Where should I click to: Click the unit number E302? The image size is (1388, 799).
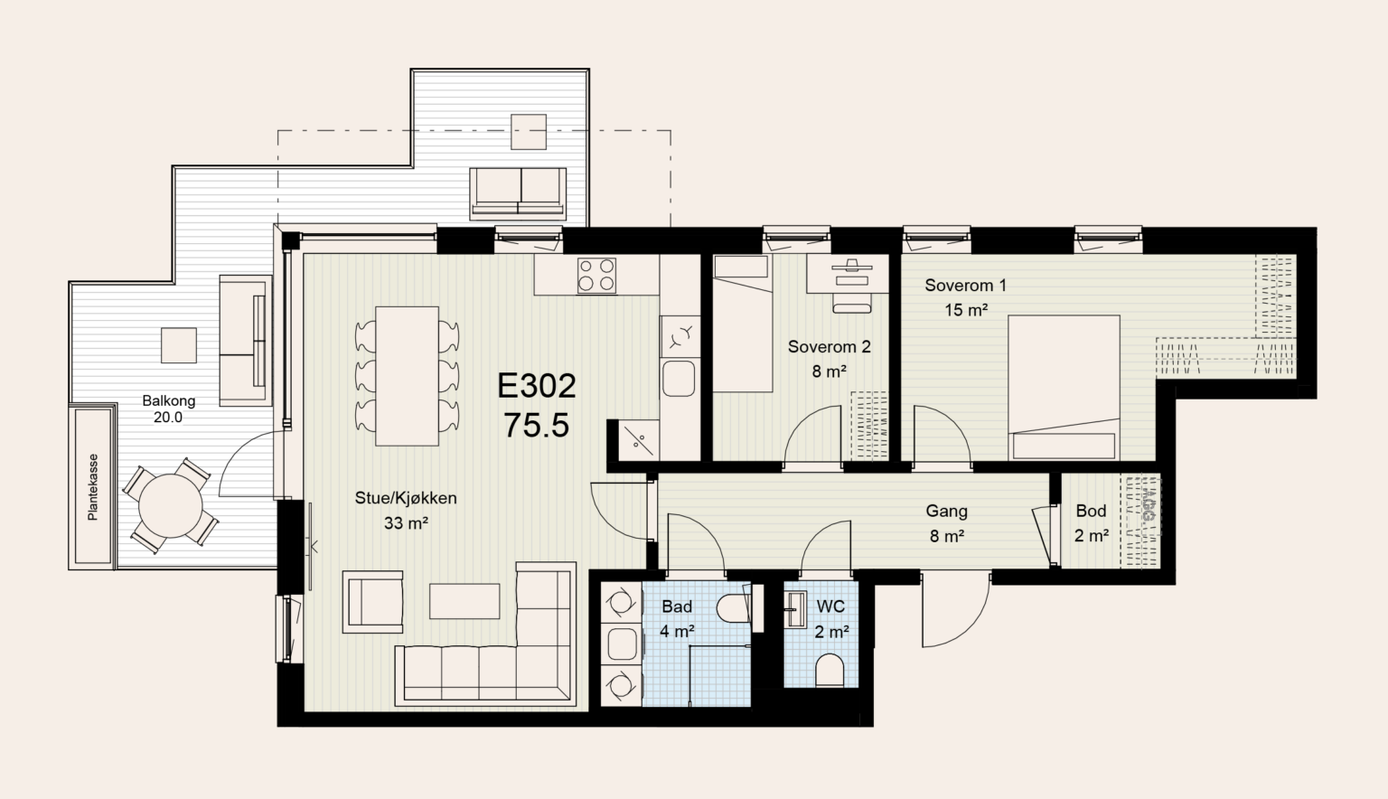pos(537,386)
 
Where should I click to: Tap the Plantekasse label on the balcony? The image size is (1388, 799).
pos(93,487)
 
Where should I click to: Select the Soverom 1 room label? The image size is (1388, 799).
pos(965,285)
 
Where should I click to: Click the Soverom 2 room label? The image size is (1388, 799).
pos(829,346)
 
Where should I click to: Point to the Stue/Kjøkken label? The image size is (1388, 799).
pos(406,498)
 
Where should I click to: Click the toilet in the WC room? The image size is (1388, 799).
pos(830,670)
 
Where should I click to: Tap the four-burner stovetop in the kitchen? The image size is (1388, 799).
pos(596,275)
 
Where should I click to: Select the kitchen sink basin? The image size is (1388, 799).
pos(679,378)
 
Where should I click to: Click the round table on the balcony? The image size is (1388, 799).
pos(171,506)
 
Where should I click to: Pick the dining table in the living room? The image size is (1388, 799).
pos(408,376)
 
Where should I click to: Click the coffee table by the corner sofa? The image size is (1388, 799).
pos(464,601)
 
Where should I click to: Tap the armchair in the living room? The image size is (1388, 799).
pos(373,602)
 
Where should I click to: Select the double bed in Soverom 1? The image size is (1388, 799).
pos(1064,388)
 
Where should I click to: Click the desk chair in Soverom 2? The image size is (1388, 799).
pos(851,301)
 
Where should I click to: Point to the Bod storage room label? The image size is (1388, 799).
pos(1091,511)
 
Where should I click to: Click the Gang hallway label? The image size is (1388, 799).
pos(946,512)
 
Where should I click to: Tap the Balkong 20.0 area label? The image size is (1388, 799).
pos(169,409)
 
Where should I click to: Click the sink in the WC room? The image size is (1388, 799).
pos(795,608)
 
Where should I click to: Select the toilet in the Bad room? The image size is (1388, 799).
pos(733,607)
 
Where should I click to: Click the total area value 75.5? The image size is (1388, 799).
pos(537,426)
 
